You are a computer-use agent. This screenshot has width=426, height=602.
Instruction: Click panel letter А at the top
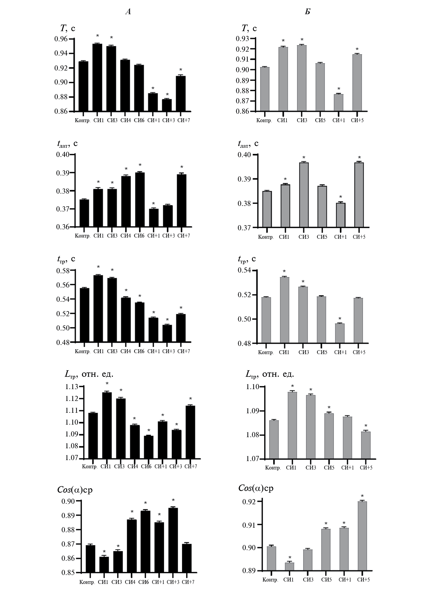(x=128, y=12)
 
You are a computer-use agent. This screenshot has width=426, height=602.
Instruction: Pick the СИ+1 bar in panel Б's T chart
(x=338, y=103)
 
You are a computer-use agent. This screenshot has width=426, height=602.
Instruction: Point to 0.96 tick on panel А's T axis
(x=61, y=39)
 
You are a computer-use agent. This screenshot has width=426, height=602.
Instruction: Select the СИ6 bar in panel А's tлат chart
(x=140, y=200)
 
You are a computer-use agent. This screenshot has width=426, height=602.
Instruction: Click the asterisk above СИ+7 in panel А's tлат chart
(x=182, y=167)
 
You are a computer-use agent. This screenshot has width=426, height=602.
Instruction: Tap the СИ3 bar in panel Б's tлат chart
(x=304, y=195)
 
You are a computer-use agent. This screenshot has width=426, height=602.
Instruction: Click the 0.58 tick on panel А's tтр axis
(x=63, y=271)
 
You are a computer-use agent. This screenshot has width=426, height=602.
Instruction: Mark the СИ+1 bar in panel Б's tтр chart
(x=340, y=333)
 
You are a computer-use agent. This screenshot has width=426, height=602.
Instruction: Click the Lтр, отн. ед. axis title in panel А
(x=89, y=374)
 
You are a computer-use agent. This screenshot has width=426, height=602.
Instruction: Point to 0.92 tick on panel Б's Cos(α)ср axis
(x=249, y=502)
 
